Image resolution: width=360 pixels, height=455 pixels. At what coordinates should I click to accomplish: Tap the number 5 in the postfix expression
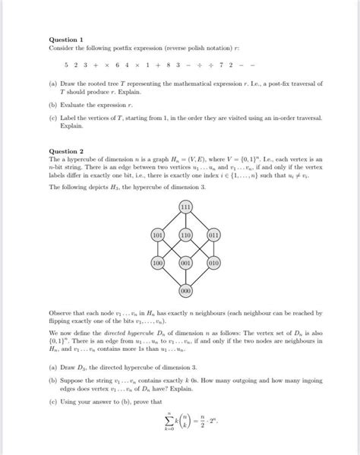(67, 65)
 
